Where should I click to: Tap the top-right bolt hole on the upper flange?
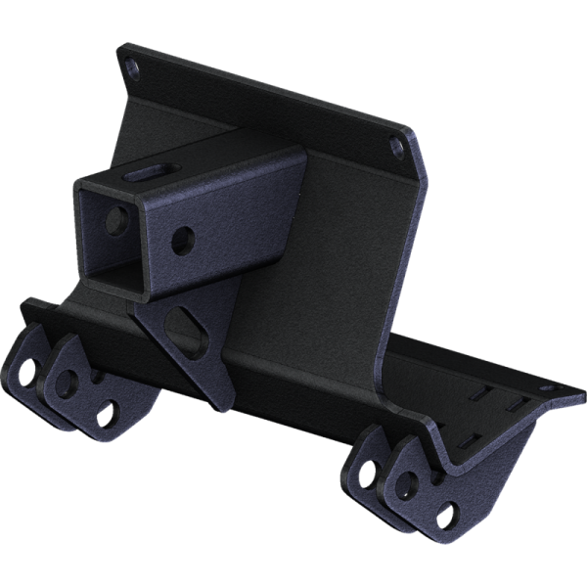tap(395, 146)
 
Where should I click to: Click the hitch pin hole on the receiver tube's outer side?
tap(181, 241)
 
